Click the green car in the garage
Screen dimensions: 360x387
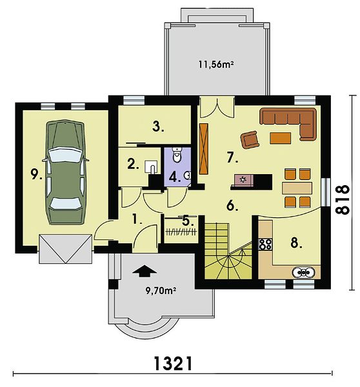click(x=66, y=172)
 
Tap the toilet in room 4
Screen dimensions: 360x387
click(x=177, y=155)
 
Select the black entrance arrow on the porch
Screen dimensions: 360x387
click(x=145, y=272)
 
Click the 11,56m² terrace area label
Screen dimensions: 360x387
click(x=216, y=64)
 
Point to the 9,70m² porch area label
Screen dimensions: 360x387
click(x=161, y=291)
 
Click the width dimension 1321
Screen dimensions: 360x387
click(x=173, y=363)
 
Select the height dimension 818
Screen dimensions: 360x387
click(x=343, y=199)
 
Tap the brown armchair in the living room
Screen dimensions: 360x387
click(x=250, y=139)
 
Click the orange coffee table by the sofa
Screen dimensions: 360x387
click(x=280, y=138)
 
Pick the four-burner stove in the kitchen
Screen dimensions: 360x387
click(x=265, y=244)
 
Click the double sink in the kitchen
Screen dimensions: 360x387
click(x=303, y=272)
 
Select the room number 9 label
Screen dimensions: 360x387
click(x=36, y=175)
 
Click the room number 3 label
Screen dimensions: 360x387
click(x=158, y=127)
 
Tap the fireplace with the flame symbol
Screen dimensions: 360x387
click(x=243, y=180)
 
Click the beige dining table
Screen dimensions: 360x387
click(x=297, y=188)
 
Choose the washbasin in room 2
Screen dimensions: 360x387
click(x=151, y=167)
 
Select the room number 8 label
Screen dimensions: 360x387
click(x=296, y=243)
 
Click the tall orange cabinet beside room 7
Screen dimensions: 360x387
click(x=204, y=148)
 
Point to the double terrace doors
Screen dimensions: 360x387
click(x=217, y=106)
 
